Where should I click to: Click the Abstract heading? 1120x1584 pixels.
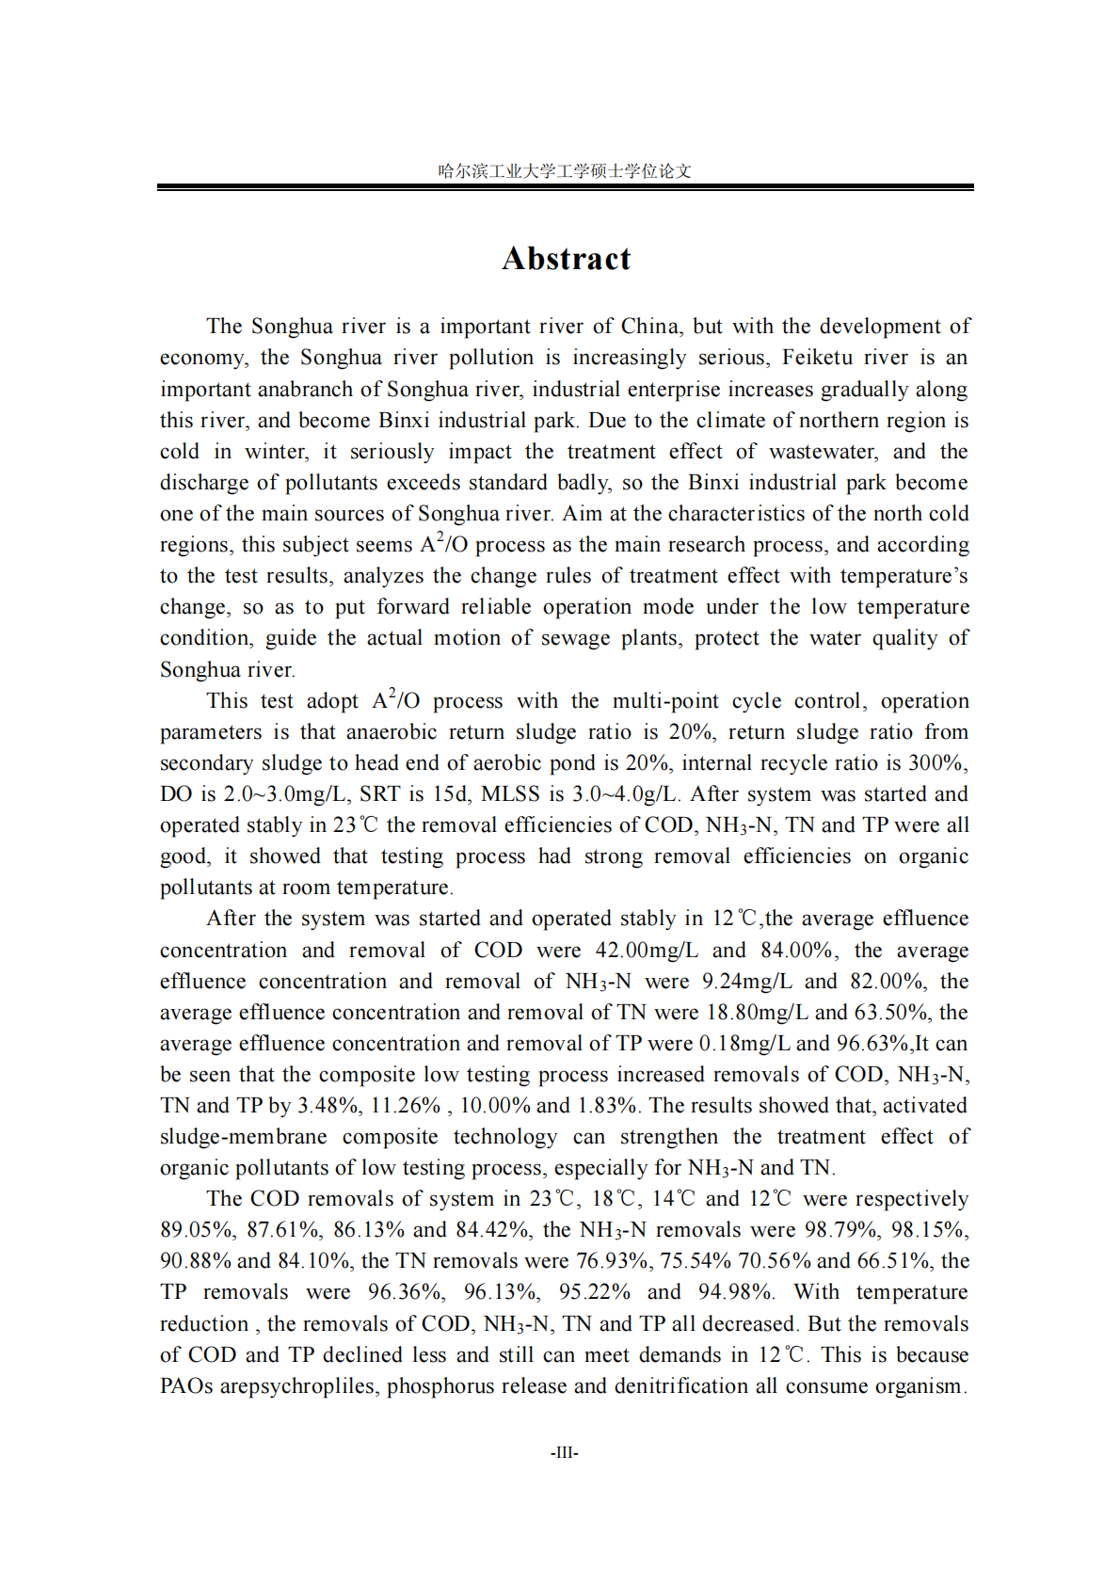[566, 259]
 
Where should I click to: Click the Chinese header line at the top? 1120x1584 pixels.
[565, 170]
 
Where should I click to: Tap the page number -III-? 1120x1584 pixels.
[564, 1452]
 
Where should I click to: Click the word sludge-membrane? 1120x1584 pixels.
[243, 1136]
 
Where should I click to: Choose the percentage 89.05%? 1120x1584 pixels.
[196, 1229]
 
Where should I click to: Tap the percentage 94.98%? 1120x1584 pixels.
[735, 1291]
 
